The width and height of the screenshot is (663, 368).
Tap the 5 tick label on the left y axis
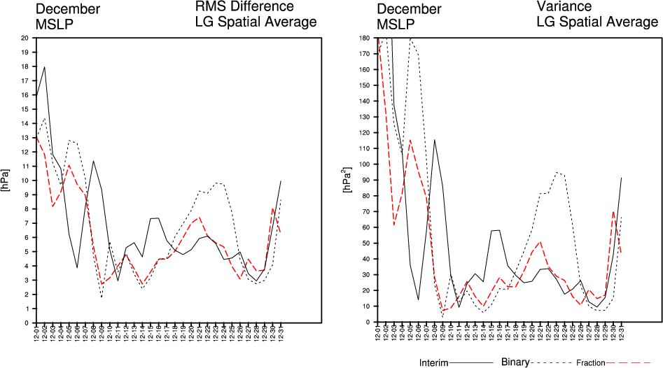[x=25, y=252]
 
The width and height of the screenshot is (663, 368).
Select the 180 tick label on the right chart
[x=362, y=38]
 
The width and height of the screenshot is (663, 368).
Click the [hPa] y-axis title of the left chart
[x=6, y=181]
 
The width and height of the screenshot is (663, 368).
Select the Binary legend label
[x=516, y=362]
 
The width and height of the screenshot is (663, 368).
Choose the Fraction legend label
[x=591, y=363]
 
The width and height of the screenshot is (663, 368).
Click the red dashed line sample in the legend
[x=633, y=363]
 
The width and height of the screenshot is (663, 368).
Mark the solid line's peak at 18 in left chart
[x=45, y=67]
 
